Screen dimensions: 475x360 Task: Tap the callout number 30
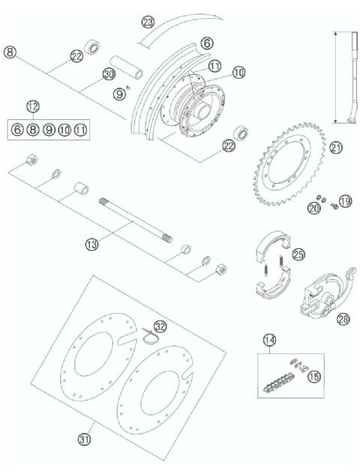109,75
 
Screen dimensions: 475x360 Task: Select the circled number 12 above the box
33,107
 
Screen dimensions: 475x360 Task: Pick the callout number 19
345,200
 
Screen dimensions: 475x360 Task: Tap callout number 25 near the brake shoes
299,254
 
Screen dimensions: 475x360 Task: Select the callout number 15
313,375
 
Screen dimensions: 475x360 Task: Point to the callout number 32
160,326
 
